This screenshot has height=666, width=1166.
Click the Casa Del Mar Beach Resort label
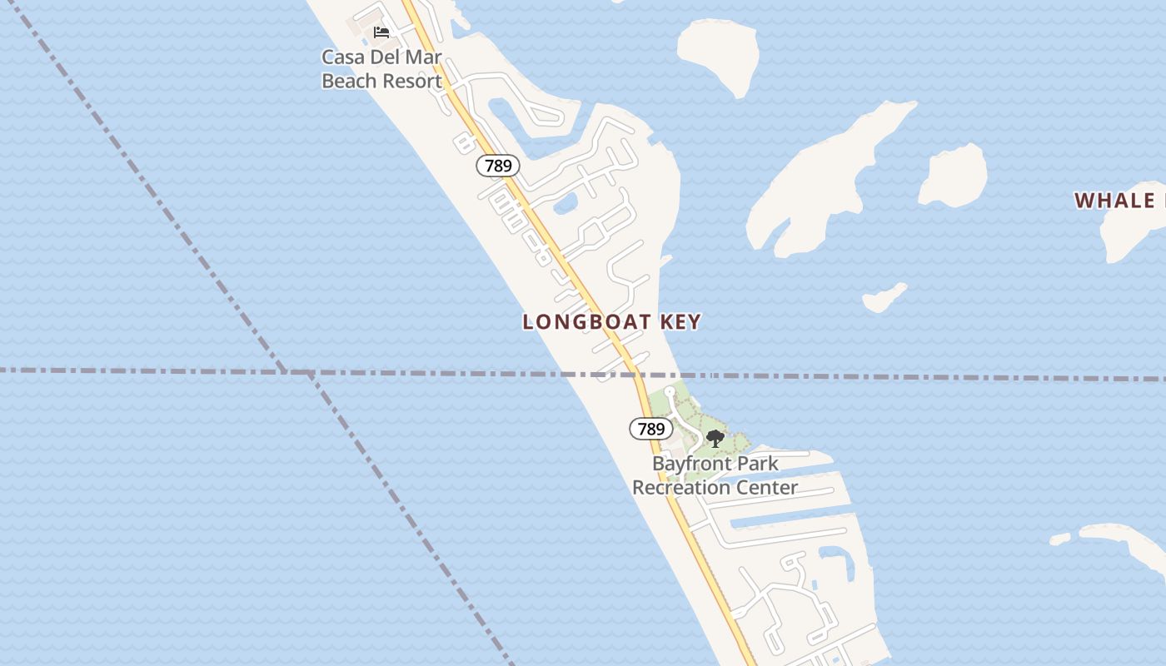click(381, 69)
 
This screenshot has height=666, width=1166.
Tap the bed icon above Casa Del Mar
click(381, 32)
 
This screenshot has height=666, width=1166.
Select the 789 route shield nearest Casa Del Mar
click(498, 166)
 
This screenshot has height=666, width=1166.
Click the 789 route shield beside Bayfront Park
click(650, 429)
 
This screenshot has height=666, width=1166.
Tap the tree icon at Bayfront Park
click(715, 439)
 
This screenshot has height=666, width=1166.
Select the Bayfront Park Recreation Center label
click(715, 475)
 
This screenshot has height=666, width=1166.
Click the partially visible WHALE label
click(1119, 201)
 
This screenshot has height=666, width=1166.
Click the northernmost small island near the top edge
click(720, 55)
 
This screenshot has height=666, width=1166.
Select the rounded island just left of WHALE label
click(954, 176)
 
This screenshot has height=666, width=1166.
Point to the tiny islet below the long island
click(884, 297)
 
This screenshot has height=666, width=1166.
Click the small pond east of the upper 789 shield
click(566, 202)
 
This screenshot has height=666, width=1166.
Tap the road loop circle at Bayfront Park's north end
click(669, 391)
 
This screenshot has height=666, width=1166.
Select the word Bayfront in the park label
click(691, 464)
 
